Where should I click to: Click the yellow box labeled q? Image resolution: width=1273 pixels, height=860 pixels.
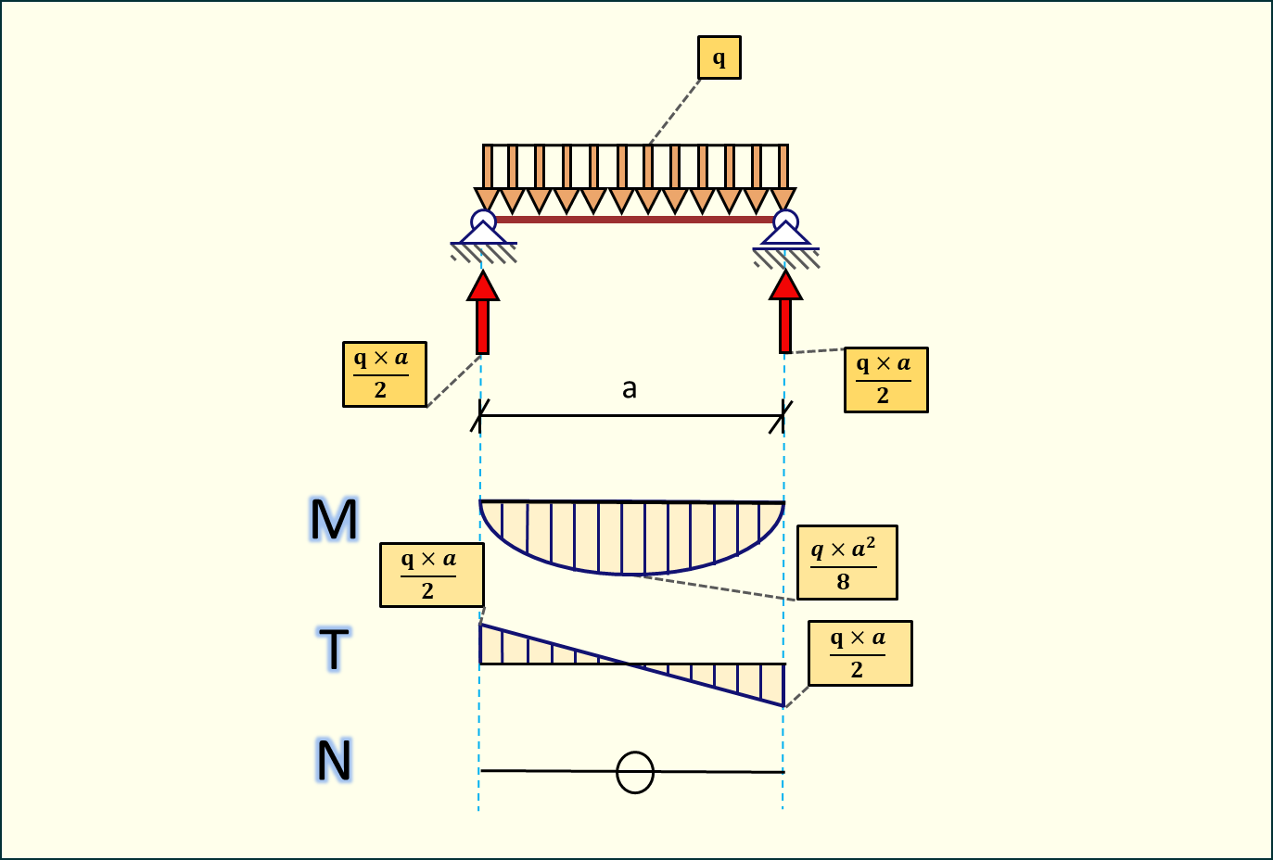(x=719, y=57)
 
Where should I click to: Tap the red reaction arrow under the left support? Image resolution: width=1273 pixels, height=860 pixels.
(x=482, y=313)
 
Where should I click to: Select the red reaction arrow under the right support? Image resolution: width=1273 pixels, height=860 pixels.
(x=785, y=313)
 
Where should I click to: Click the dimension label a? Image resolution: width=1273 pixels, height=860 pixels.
(x=630, y=388)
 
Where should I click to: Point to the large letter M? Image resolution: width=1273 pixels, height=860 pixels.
(x=334, y=519)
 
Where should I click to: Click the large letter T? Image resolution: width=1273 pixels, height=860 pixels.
(x=334, y=649)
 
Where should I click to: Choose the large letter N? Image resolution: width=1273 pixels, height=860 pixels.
(x=334, y=760)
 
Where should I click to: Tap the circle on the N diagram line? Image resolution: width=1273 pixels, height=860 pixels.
(x=635, y=772)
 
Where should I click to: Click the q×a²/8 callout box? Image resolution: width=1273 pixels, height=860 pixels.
(x=847, y=563)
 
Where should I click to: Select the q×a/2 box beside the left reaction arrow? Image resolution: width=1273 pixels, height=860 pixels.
(x=384, y=374)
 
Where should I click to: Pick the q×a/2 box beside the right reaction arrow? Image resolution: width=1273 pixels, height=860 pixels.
(x=885, y=380)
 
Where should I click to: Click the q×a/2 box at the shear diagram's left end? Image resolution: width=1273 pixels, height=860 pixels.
(x=431, y=575)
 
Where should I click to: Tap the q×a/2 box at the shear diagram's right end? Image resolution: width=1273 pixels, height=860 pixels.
(x=859, y=653)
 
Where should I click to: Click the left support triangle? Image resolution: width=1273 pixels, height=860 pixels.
(x=483, y=234)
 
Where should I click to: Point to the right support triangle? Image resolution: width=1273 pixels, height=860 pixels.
(x=785, y=234)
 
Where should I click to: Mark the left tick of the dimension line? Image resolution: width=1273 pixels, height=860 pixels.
(x=479, y=416)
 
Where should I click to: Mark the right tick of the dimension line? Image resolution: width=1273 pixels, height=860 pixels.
(x=783, y=416)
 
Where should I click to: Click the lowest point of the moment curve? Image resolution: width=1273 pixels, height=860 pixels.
(x=632, y=574)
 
